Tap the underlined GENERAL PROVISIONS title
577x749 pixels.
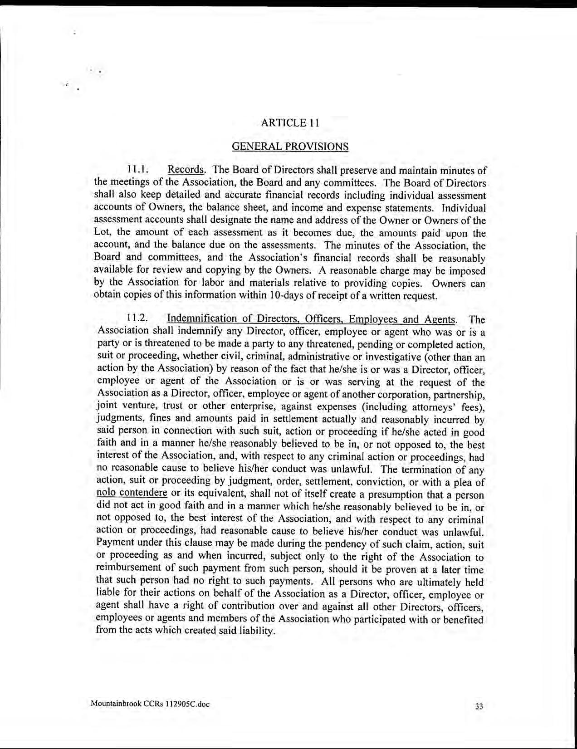click(290, 147)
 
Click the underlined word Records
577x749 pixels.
click(186, 170)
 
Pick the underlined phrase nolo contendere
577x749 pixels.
click(132, 493)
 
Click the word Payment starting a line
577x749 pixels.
click(114, 543)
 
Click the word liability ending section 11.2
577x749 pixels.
click(259, 631)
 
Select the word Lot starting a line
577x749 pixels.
click(102, 233)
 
